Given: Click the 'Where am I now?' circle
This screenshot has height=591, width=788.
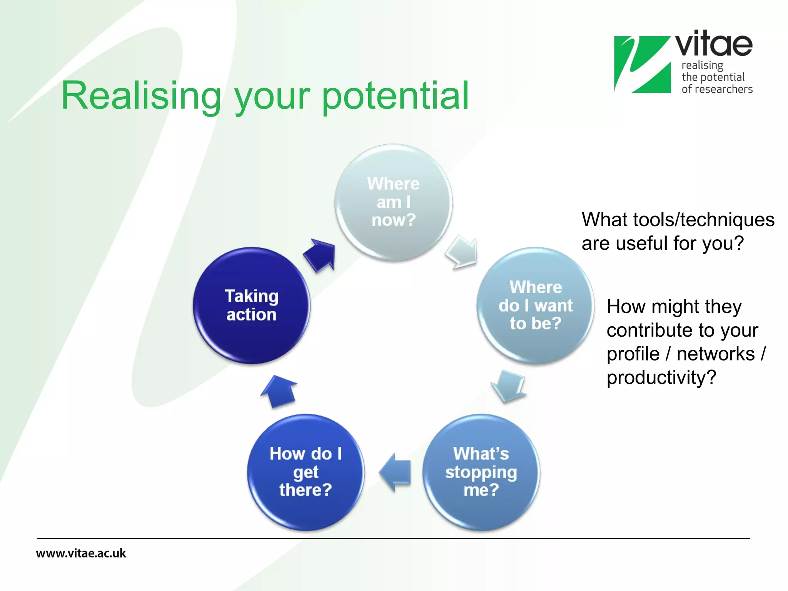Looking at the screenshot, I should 393,202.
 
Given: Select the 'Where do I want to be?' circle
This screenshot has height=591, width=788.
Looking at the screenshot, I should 535,306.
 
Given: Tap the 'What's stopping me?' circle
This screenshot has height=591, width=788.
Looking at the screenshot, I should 481,472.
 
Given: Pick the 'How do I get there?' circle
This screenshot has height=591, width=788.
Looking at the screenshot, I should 306,472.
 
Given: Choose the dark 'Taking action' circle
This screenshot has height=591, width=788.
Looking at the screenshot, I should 251,306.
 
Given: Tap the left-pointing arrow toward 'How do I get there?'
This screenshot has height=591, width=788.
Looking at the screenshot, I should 396,472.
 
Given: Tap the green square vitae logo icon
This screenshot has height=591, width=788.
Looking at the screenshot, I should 642,64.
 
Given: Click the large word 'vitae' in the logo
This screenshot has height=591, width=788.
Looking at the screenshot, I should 714,44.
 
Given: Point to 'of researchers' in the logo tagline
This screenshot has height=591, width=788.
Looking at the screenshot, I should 717,89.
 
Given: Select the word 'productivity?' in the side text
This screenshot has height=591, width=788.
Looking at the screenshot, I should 661,377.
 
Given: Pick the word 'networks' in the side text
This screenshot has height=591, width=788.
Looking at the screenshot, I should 715,354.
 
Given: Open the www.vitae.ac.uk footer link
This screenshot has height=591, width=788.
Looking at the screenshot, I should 81,553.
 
